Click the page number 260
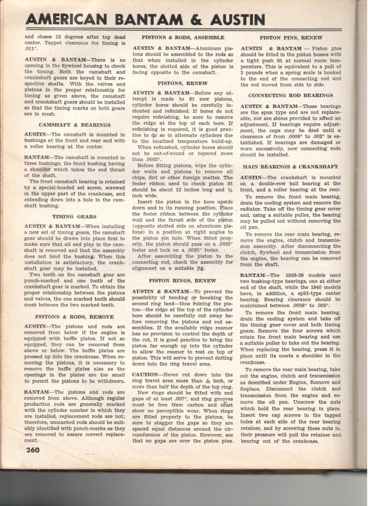(x=32, y=449)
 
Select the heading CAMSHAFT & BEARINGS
(x=75, y=125)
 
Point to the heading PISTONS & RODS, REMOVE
(x=74, y=317)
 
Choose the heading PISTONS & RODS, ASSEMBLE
(x=183, y=38)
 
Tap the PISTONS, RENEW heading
(x=183, y=83)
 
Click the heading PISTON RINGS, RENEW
(x=183, y=281)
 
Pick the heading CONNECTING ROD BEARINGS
(x=290, y=96)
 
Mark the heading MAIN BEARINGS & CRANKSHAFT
(x=290, y=167)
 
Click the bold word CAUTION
(x=145, y=375)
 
